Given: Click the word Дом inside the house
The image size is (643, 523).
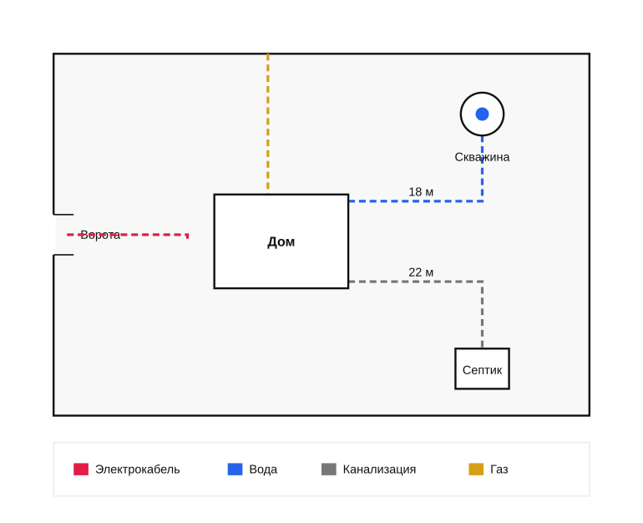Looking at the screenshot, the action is coord(281,241).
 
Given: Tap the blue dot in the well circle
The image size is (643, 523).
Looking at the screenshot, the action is coord(482,114).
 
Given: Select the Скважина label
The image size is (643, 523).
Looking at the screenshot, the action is coord(482,157).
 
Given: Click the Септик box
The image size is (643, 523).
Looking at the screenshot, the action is coord(482,368).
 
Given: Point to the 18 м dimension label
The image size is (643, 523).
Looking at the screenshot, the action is coord(421,191).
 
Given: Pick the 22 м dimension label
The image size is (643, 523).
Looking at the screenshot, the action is coord(421,272).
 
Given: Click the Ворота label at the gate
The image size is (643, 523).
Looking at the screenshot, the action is coord(100,235).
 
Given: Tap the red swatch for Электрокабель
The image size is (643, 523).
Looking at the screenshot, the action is coord(81,470).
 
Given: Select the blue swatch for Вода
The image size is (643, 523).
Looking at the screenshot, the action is coord(235,470).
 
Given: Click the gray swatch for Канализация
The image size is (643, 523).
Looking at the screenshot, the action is coord(329,470).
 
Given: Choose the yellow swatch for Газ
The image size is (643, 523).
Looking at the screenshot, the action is coord(476,470).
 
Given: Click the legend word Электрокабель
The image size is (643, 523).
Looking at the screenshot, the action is coord(138,470).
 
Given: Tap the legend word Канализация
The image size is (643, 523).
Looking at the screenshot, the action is coord(379,470).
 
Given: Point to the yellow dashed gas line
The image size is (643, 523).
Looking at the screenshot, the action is coord(268,124).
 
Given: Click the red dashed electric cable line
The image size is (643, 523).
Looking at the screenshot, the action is coord(128,235).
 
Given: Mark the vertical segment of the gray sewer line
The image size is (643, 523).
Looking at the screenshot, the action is coord(483,315).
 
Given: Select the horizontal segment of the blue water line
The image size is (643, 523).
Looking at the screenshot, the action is coord(415,201).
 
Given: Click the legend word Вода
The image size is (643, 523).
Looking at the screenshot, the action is coord(263,470).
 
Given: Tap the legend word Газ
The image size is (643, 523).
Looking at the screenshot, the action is coord(499,470).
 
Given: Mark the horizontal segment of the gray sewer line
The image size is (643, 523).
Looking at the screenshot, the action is coord(415,282).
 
